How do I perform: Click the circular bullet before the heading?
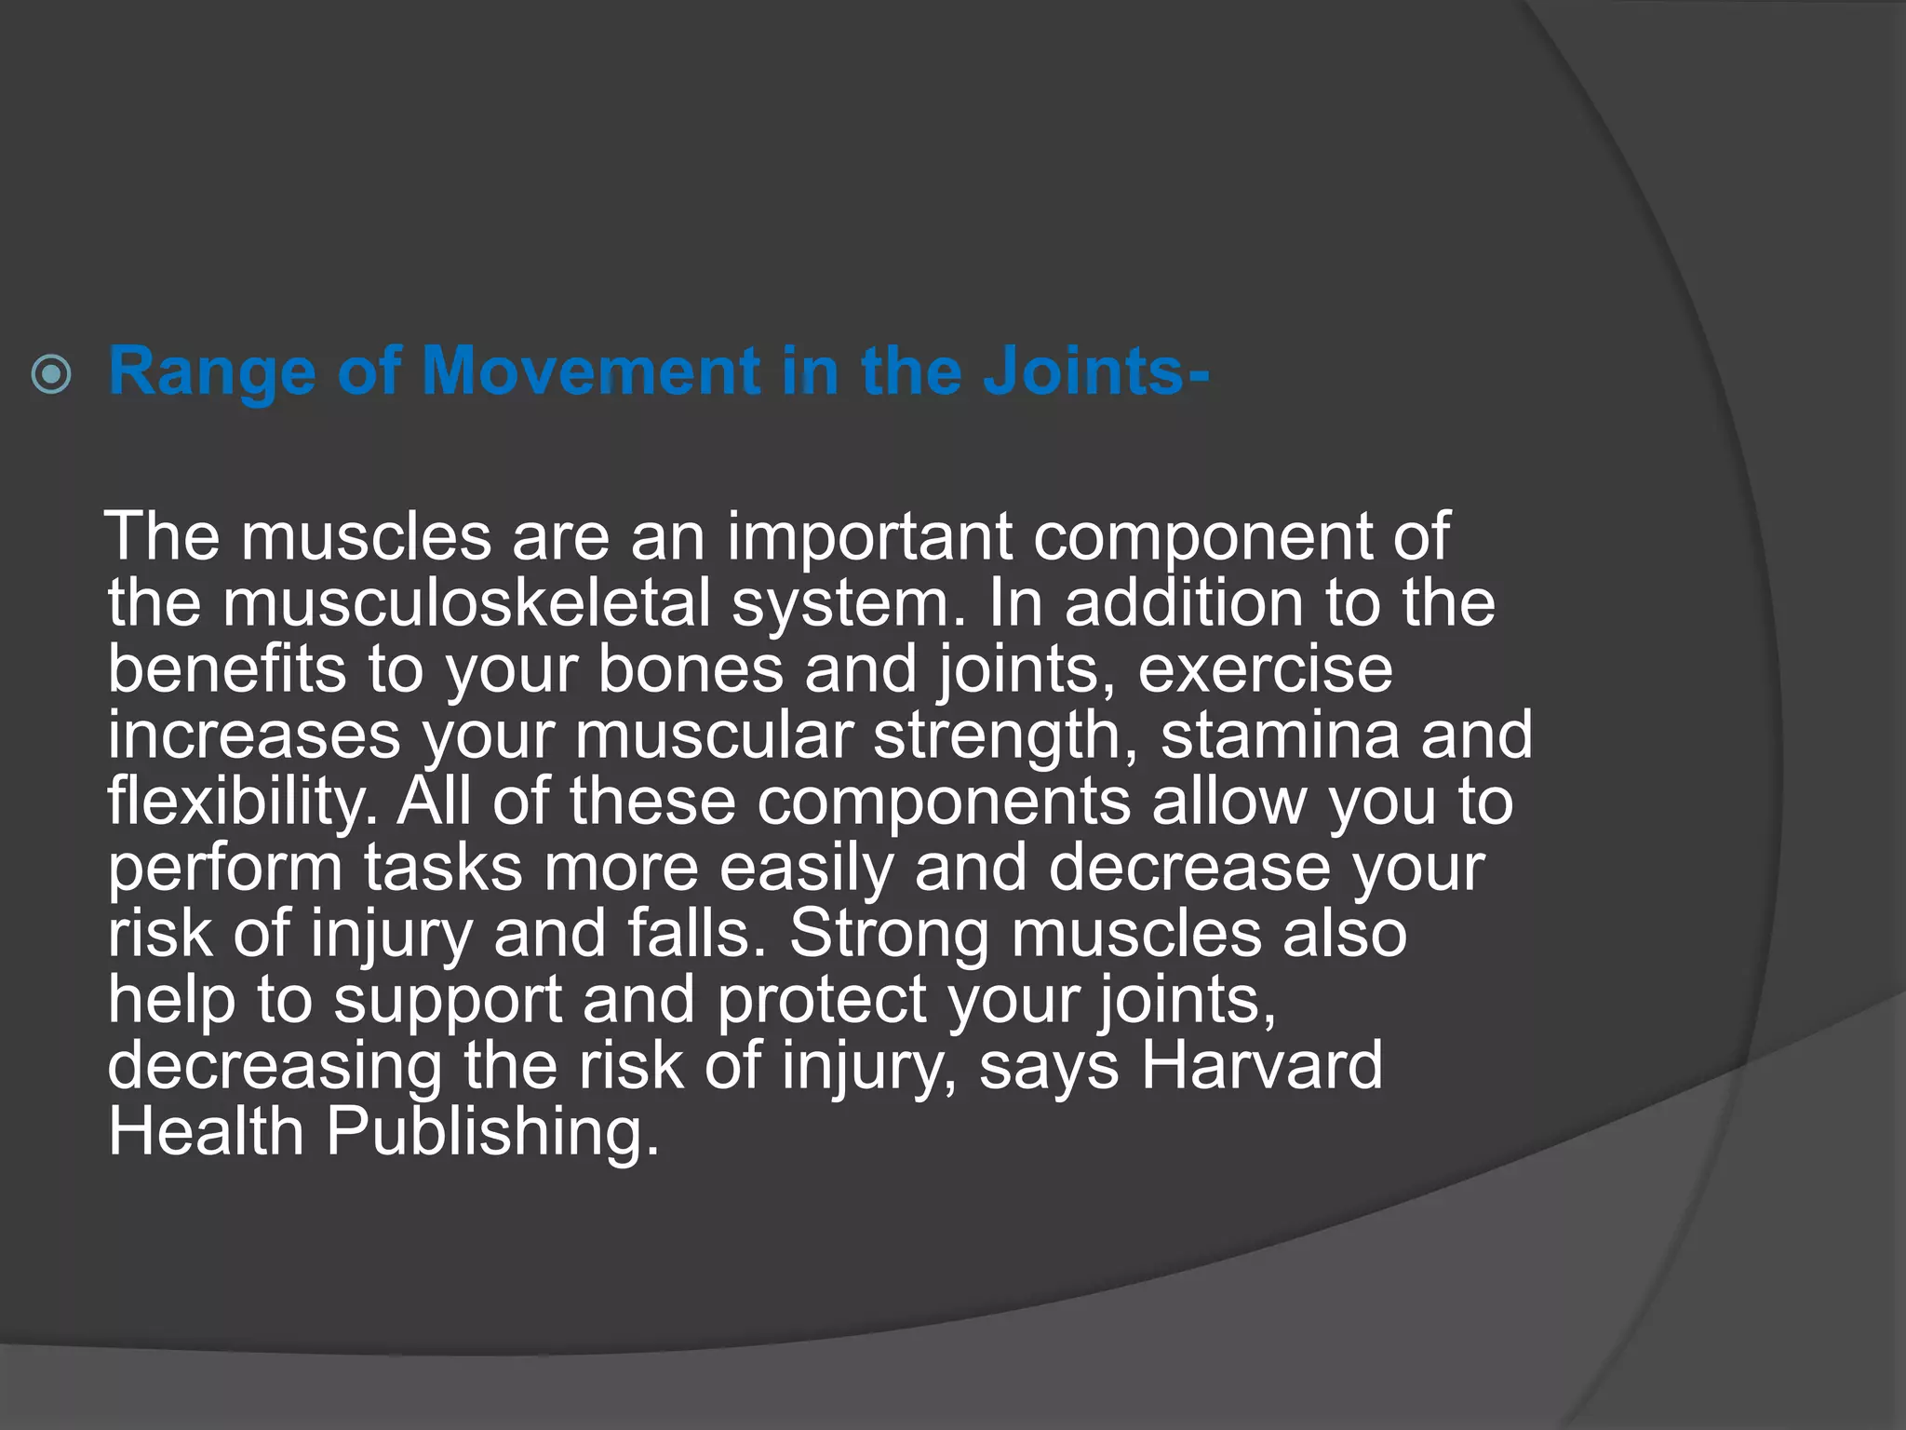tap(51, 374)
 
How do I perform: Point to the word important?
tap(869, 537)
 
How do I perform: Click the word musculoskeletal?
tap(466, 603)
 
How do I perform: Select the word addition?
tap(1183, 603)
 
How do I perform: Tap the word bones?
tap(690, 669)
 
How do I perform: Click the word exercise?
tap(1265, 669)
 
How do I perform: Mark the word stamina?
tap(1280, 735)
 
